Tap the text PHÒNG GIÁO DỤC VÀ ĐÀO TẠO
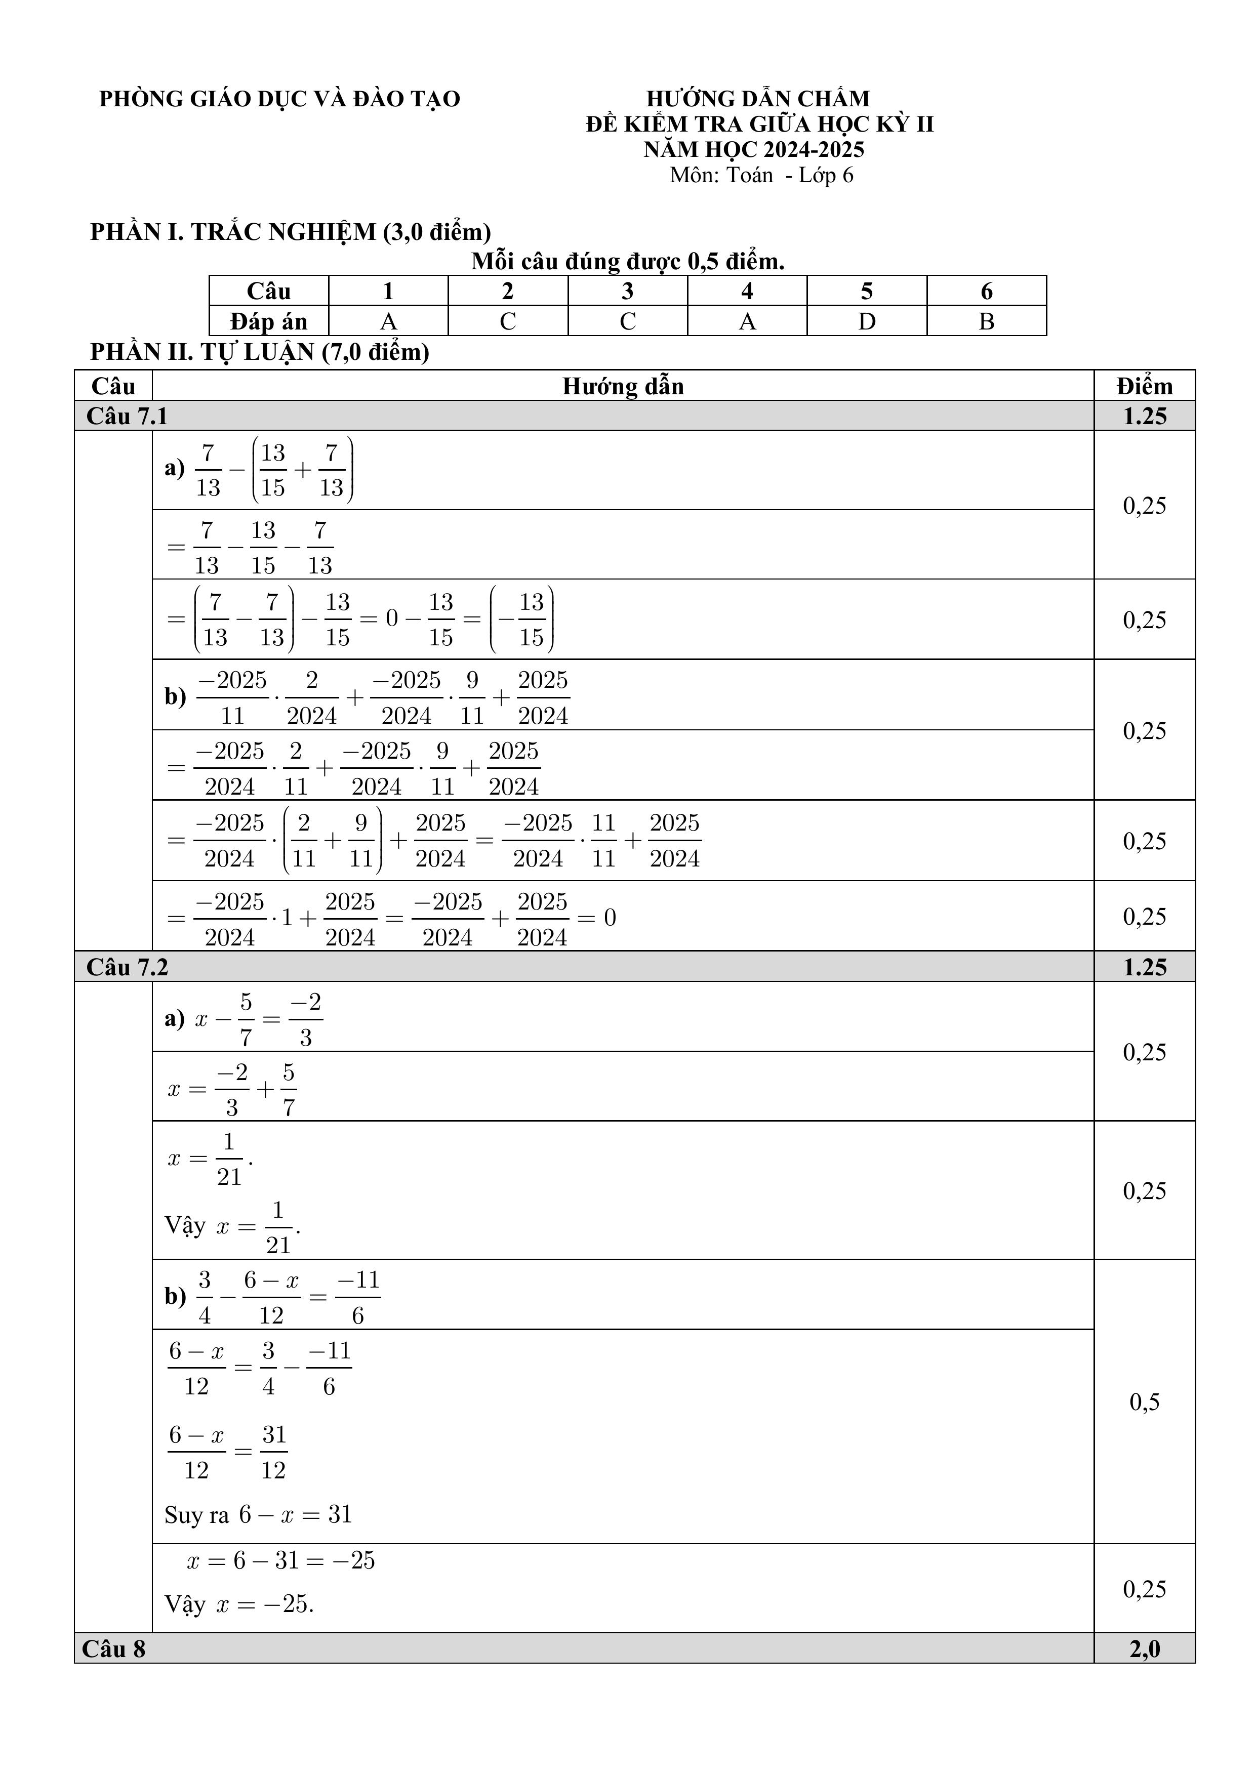tap(279, 99)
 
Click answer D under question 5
tap(866, 321)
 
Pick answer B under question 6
tap(986, 321)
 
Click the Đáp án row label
tap(268, 321)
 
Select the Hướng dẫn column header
tap(623, 386)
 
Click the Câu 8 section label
tap(114, 1649)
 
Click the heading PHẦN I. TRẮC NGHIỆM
tap(290, 231)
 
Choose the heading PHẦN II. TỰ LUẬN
tap(259, 352)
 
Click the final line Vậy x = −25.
tap(239, 1604)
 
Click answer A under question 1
tap(388, 321)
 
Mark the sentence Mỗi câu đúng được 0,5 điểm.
tap(628, 262)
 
